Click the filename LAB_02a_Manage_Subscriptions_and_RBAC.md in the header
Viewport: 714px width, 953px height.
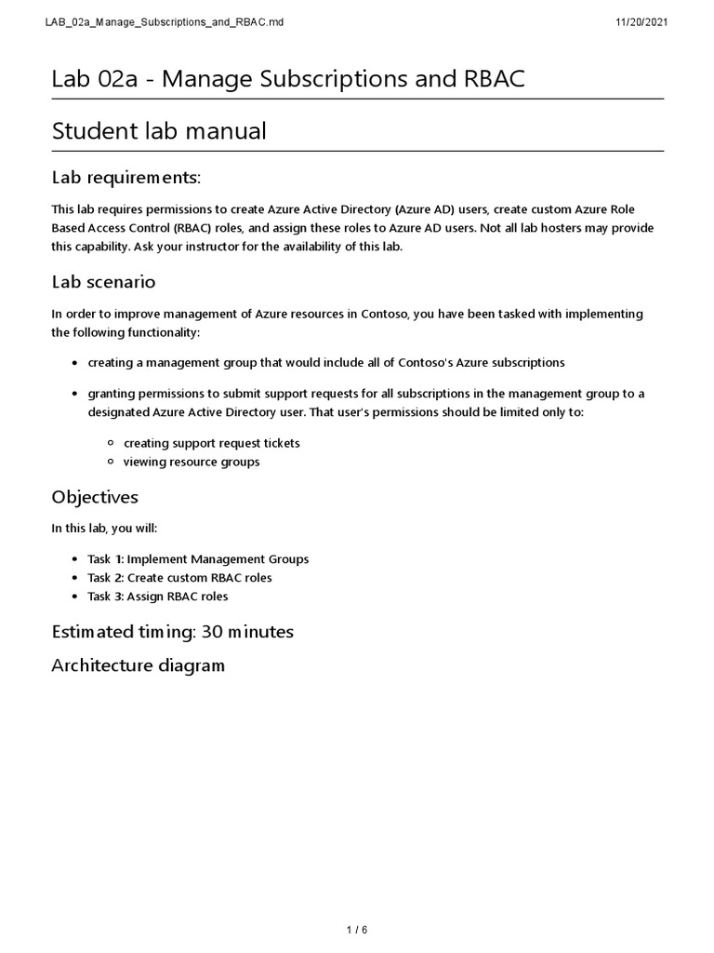point(164,21)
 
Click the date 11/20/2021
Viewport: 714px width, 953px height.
point(641,21)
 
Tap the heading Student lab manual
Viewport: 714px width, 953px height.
point(159,131)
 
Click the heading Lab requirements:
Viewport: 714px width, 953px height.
point(126,177)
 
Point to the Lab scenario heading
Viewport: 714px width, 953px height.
point(103,281)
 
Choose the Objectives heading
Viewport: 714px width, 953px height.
point(95,497)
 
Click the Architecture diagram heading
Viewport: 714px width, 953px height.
point(138,665)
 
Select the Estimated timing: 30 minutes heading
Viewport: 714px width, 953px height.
point(172,632)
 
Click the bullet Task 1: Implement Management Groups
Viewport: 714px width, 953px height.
point(198,559)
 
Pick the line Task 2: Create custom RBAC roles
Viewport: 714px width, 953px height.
point(179,578)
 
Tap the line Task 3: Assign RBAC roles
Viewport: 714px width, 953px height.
point(157,597)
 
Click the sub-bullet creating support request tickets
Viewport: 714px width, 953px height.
point(211,443)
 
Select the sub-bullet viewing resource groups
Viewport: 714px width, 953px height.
point(192,462)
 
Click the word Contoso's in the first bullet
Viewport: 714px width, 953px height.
point(416,362)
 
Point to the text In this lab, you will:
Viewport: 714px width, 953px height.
point(104,529)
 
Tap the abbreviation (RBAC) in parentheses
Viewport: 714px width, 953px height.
point(196,228)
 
